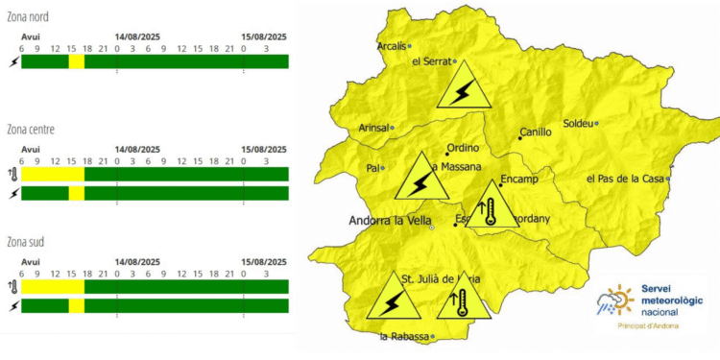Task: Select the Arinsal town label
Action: pos(372,128)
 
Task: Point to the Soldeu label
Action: pos(577,123)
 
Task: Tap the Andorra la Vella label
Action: pos(388,220)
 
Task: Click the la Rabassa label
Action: pos(403,337)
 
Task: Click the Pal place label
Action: pos(372,168)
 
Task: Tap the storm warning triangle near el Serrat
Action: pos(462,87)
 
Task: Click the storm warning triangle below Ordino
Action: pos(420,179)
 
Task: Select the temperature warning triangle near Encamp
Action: pos(491,207)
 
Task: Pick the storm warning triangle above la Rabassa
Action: pos(393,300)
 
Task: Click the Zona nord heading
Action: pos(28,17)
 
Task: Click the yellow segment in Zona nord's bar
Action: pos(76,61)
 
